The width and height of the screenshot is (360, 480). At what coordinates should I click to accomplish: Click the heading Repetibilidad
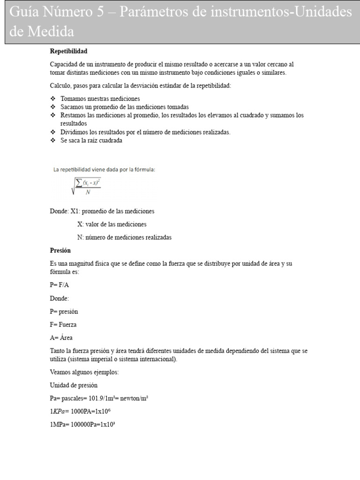click(x=68, y=51)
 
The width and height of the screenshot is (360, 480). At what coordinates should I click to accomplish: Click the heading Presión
click(x=60, y=250)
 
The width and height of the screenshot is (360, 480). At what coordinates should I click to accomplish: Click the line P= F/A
click(x=60, y=285)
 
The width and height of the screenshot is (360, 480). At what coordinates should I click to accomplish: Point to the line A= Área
click(x=61, y=337)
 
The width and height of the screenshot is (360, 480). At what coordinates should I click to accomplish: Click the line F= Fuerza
click(x=63, y=324)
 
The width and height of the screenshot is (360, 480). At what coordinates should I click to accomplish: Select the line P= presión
click(x=64, y=311)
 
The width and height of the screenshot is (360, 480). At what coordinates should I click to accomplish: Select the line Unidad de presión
click(x=74, y=385)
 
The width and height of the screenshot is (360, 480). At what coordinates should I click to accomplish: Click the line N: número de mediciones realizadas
click(x=124, y=237)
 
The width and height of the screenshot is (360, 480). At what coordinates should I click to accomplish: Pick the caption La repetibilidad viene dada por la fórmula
click(x=104, y=170)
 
